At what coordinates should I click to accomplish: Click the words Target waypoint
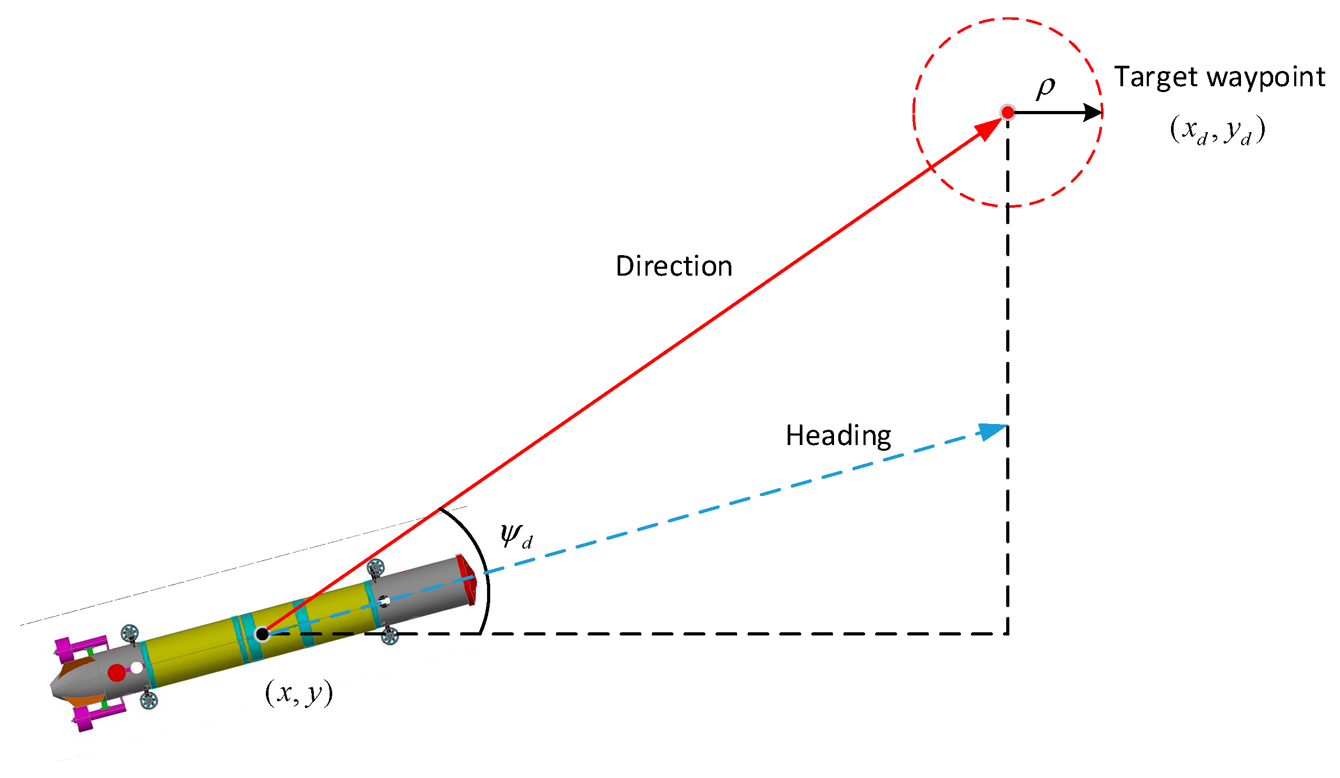click(1219, 77)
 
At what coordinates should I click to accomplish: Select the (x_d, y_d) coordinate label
click(1217, 129)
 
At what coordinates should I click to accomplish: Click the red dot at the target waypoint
click(1008, 113)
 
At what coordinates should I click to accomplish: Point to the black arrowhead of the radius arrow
click(1092, 113)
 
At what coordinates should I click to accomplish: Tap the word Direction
click(674, 266)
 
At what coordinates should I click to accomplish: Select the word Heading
click(838, 436)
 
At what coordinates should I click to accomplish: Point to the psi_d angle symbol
click(515, 537)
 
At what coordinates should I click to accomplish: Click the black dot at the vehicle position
click(262, 634)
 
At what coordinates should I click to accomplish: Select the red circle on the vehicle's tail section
click(116, 673)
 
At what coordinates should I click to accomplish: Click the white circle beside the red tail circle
click(137, 668)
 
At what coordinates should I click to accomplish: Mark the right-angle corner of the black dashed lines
click(1008, 634)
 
